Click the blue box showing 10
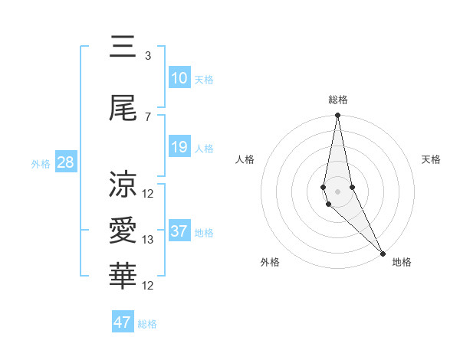[x=179, y=78]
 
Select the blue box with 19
[x=179, y=147]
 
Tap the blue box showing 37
[x=179, y=231]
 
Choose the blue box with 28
[x=65, y=162]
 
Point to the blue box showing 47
[x=123, y=322]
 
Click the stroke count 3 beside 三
[x=147, y=55]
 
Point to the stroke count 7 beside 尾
[x=147, y=116]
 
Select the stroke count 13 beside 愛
[x=148, y=240]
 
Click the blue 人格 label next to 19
[x=204, y=148]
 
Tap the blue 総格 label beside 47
[x=147, y=324]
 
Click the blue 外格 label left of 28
[x=40, y=163]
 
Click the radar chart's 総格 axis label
[x=338, y=100]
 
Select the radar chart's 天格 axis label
[x=432, y=159]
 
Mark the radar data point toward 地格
[x=383, y=253]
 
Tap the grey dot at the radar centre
[x=338, y=191]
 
